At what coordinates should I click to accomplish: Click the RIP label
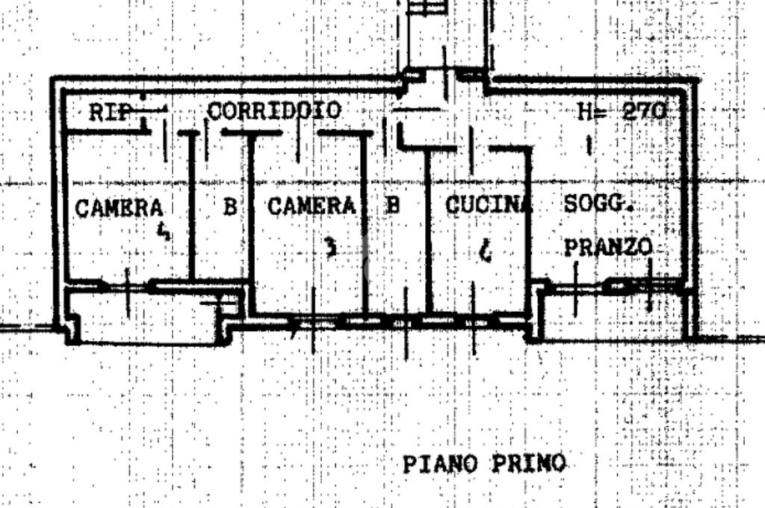pos(107,112)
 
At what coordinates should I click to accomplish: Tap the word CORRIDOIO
pos(273,111)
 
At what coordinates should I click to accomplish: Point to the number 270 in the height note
pos(643,111)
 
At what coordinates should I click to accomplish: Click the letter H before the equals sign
pos(585,111)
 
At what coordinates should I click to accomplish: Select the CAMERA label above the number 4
pos(120,207)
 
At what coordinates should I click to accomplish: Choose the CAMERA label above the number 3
pos(312,206)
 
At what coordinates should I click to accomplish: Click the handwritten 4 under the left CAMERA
pos(164,233)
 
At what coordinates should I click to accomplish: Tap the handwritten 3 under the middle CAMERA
pos(331,247)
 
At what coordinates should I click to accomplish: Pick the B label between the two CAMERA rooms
pos(229,207)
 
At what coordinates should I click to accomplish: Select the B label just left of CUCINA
pos(392,205)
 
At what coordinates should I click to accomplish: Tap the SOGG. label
pos(598,204)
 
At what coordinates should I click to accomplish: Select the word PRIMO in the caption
pos(529,463)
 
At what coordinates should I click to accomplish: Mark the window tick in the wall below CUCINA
pos(474,321)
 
